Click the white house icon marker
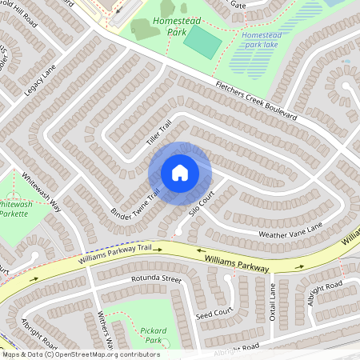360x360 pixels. coord(179,173)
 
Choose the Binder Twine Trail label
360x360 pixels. coord(134,206)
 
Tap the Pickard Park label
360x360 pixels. coord(150,335)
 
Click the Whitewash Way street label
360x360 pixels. coord(41,191)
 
